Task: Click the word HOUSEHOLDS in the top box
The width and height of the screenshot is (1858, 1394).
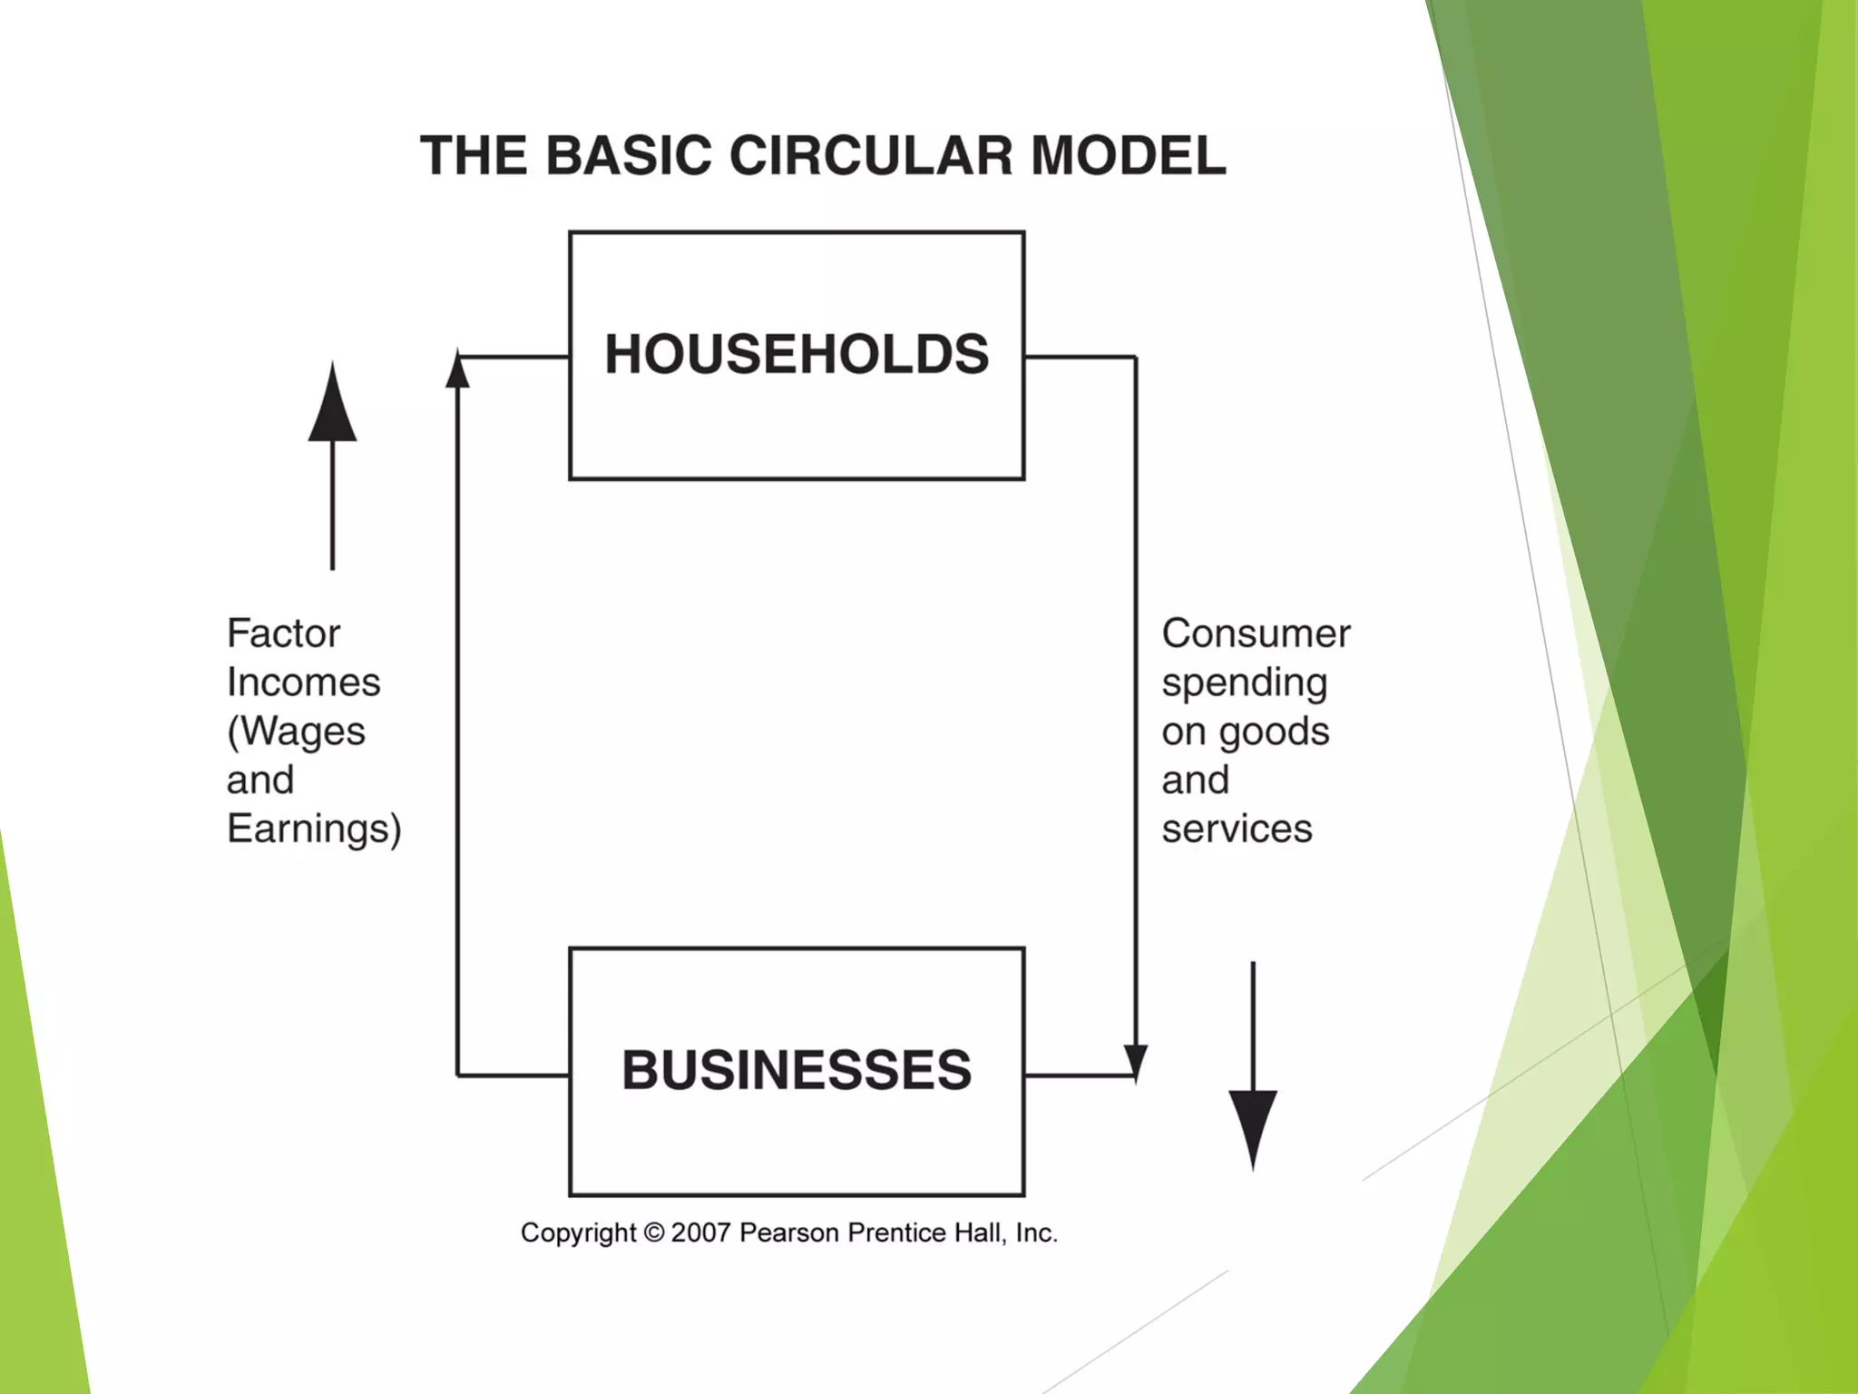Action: click(797, 354)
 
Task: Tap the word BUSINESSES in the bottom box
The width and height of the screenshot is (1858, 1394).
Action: click(797, 1070)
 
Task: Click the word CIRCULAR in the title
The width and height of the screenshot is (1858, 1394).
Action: click(871, 155)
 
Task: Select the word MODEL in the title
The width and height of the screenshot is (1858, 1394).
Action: click(1129, 155)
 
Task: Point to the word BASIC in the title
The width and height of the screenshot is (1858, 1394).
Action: click(629, 155)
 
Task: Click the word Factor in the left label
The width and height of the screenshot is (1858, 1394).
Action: click(283, 633)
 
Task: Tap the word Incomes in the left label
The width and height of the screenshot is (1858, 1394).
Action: click(303, 682)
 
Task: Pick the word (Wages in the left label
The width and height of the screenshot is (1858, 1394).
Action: click(296, 731)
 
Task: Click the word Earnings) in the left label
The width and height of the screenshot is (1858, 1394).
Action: click(314, 830)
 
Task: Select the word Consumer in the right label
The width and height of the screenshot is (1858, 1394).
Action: click(1256, 633)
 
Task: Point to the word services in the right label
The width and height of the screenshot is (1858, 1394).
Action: click(1237, 830)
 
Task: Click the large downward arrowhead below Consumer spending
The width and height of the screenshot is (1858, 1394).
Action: click(1253, 1125)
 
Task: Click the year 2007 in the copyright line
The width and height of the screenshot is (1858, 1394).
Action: click(700, 1232)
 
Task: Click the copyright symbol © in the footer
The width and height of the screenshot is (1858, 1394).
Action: click(653, 1232)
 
